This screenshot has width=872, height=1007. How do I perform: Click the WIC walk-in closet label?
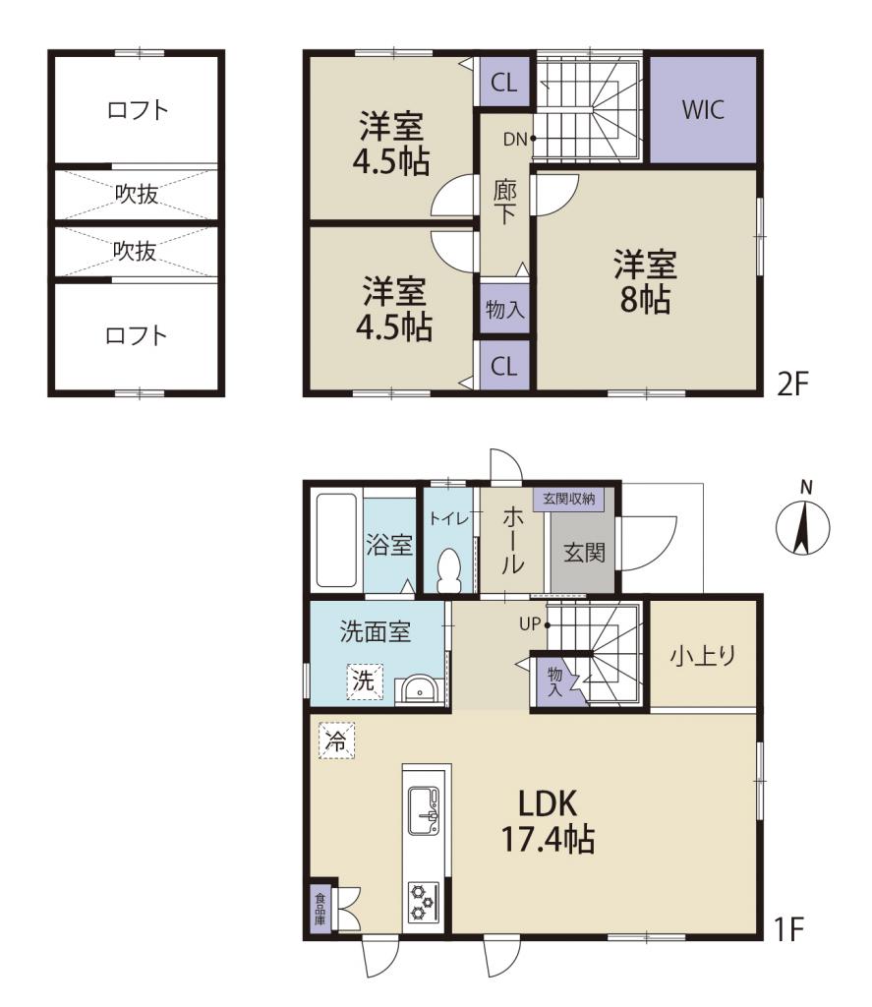703,110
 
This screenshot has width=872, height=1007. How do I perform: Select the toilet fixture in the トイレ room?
449,571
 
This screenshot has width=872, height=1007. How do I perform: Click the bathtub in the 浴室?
336,540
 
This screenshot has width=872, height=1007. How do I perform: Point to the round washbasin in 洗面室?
420,690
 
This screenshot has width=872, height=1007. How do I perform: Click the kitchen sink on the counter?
424,810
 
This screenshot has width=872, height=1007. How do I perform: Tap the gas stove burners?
424,903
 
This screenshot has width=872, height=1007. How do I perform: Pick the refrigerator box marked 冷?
337,741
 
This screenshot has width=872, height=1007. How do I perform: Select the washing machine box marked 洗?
365,681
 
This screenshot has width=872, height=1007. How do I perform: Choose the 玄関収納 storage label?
568,499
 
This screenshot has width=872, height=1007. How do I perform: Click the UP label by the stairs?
530,622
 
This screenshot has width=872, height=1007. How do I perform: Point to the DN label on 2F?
515,139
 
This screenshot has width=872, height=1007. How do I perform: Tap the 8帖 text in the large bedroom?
645,299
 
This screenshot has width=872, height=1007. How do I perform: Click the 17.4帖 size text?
548,839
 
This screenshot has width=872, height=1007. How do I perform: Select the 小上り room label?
703,656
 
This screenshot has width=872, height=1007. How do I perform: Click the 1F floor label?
789,928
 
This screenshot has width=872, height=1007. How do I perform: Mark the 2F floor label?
792,384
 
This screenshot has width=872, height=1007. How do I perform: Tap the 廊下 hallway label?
504,203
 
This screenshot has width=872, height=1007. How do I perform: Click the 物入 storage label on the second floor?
504,310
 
